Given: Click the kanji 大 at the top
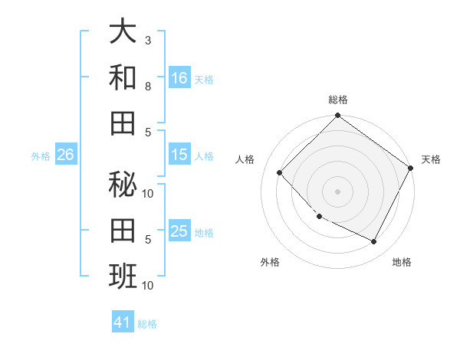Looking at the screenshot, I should coord(123,31).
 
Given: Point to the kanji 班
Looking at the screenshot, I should coord(123,275).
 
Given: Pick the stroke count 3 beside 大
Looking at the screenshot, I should coord(148,40).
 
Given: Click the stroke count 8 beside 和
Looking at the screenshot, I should coord(148,86).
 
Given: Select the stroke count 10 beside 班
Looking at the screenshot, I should coord(148,286).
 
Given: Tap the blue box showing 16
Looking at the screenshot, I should coord(179,77).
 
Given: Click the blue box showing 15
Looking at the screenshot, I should coord(179,155).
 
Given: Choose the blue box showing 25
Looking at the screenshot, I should coord(179,231).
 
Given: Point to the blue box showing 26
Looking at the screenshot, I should coord(65,155).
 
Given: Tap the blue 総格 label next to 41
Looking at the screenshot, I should coord(147,324).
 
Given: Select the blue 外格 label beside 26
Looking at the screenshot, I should coord(41,156).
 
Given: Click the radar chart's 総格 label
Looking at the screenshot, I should coord(337,100).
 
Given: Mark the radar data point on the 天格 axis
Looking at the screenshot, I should coord(411,168).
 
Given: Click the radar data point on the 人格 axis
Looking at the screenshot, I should coord(280,172).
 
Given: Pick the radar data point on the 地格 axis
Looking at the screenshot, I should coord(374,242).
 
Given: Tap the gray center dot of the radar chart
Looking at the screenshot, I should coord(337,191).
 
